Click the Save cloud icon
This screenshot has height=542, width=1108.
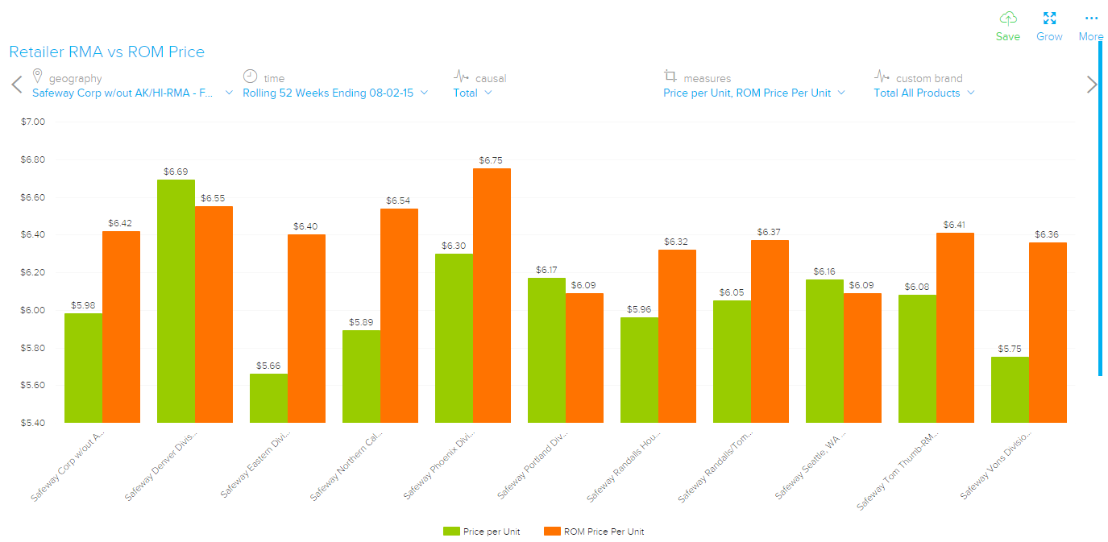(x=1007, y=19)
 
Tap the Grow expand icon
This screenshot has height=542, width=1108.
(x=1049, y=19)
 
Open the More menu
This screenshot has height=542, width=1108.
(x=1091, y=19)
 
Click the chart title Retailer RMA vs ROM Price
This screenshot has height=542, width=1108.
(x=106, y=52)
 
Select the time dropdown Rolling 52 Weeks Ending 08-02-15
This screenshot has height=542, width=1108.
(x=335, y=93)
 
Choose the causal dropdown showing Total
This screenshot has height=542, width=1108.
(x=472, y=93)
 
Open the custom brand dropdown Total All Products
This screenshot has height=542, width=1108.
(x=923, y=93)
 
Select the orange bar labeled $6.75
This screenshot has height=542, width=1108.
(x=492, y=295)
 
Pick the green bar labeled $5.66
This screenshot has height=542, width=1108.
(x=268, y=398)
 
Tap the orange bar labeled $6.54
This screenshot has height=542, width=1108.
(x=399, y=315)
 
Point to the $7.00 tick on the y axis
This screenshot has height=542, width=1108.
(x=33, y=122)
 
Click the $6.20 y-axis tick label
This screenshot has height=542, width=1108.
(x=33, y=272)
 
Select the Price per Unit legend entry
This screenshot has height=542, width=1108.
(x=483, y=532)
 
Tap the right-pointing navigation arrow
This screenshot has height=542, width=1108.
(x=1092, y=85)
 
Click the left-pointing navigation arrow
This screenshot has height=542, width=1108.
(x=17, y=85)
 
